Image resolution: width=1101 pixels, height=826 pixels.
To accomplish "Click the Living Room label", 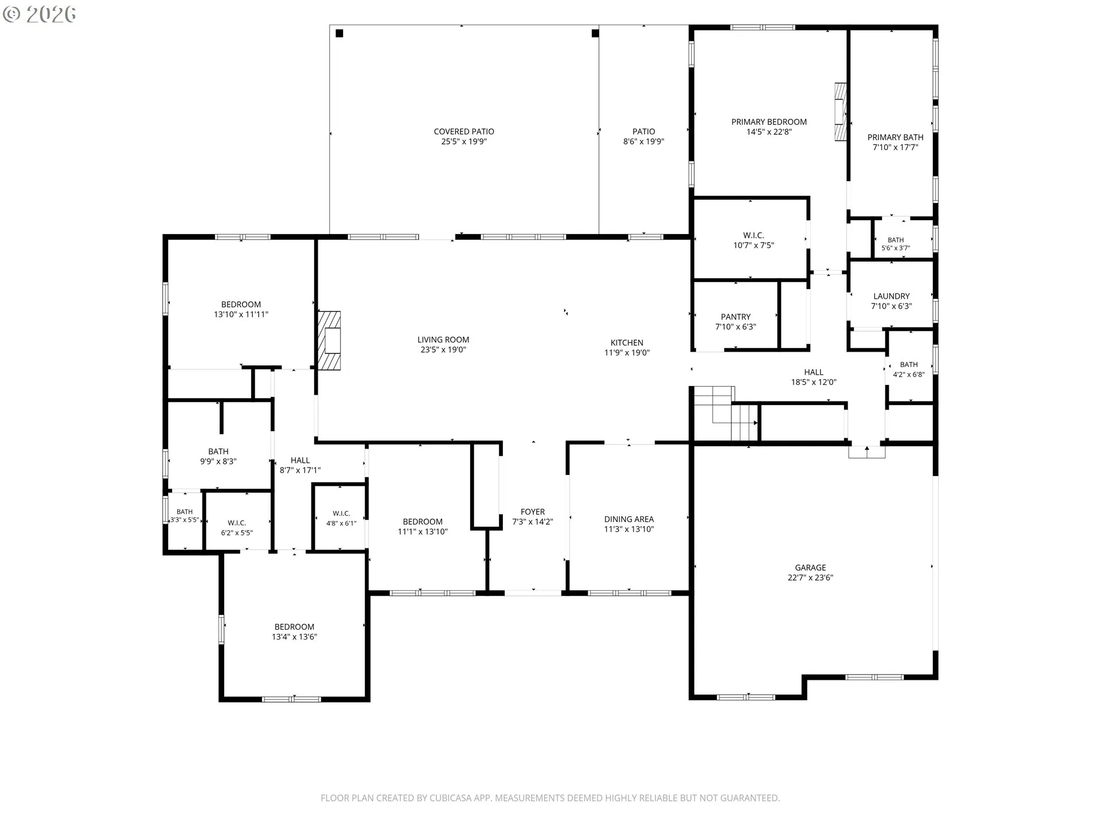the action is point(443,340).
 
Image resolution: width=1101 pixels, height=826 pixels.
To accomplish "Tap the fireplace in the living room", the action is point(330,341).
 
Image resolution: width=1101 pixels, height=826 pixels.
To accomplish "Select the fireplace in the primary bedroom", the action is point(840,112).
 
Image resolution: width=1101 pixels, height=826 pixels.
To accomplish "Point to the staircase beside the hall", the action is point(725,413).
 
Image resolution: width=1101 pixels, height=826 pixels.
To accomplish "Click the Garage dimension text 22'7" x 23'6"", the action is point(810,578).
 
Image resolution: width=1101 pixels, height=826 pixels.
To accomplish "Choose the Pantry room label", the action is point(736,317).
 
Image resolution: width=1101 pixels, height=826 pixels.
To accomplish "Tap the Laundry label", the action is point(891,296).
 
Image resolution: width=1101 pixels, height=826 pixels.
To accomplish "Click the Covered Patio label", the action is point(464,131).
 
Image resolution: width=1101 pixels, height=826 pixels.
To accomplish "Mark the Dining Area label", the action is point(629,519).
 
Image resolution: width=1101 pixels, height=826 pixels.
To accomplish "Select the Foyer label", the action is point(533,512).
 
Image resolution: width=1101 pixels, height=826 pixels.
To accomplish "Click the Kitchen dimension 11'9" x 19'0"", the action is point(627,353).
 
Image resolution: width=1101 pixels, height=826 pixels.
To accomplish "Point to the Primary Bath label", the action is point(895,137).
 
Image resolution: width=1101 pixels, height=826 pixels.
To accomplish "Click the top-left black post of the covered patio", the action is point(339,33).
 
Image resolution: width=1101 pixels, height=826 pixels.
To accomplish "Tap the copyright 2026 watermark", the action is point(39,14).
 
